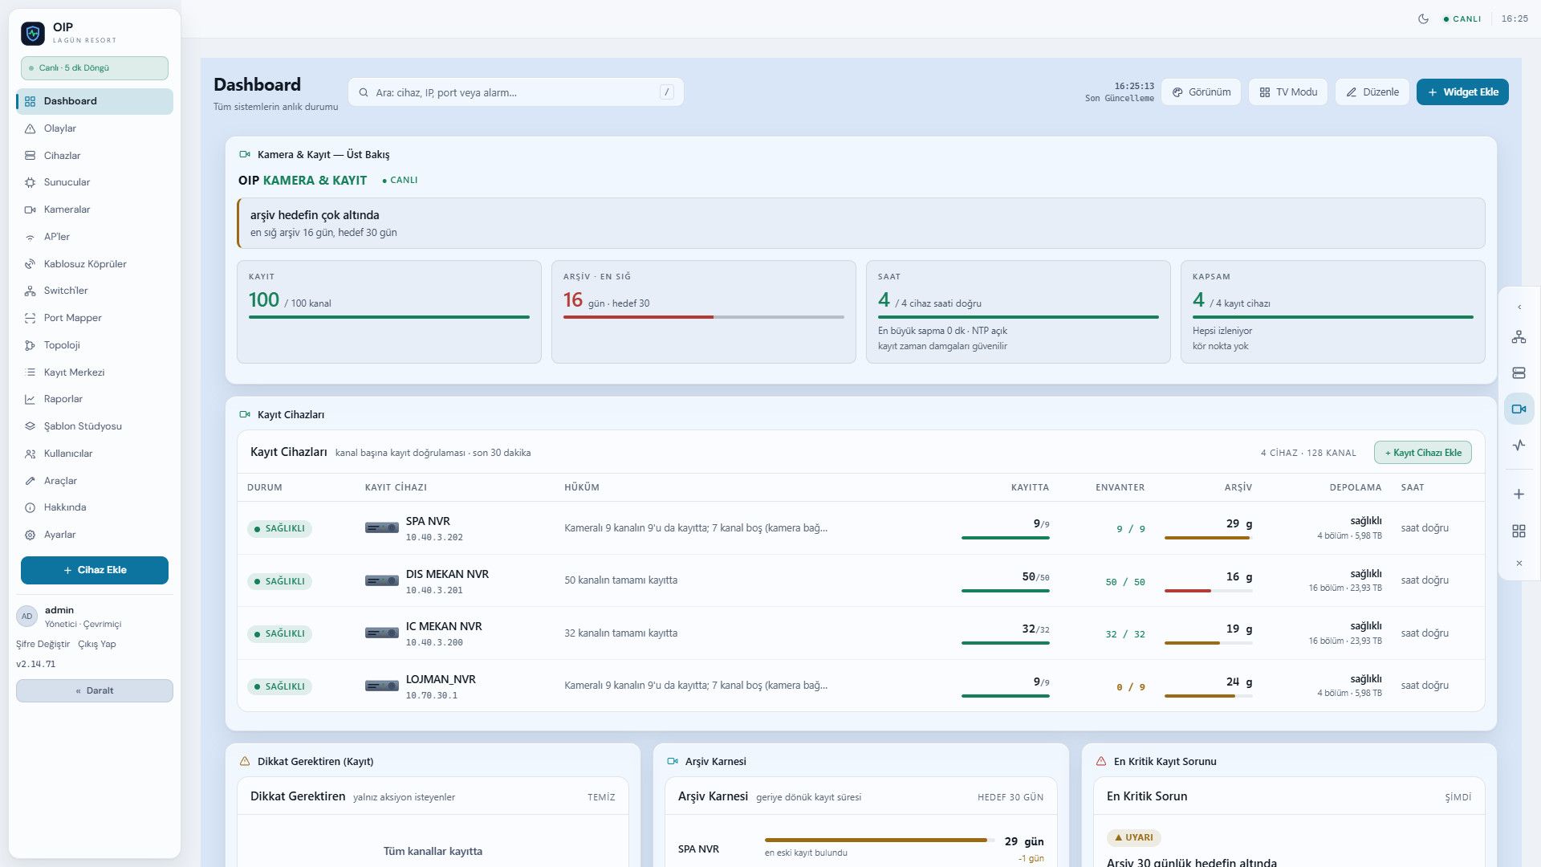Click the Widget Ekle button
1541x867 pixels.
pos(1462,92)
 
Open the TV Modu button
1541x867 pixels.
pos(1288,92)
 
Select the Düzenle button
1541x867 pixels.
pos(1372,92)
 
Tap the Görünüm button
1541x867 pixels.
pos(1201,92)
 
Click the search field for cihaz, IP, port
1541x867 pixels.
pos(516,92)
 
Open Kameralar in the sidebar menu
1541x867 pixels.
pos(67,210)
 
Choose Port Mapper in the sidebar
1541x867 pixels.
pos(72,318)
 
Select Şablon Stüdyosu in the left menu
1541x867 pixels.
pos(83,426)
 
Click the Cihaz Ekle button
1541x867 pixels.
pos(95,570)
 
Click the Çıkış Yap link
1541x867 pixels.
pos(96,644)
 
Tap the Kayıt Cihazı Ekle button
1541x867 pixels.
pos(1423,453)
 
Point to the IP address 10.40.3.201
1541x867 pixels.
pos(434,590)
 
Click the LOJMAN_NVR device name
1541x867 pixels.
pos(441,679)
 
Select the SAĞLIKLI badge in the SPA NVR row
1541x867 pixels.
pos(279,528)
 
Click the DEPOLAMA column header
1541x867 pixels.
pos(1356,487)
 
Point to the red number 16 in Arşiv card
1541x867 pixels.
pos(573,300)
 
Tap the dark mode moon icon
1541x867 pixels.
pos(1423,18)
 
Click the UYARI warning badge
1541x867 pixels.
pos(1134,837)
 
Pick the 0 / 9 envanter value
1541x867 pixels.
pos(1131,687)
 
